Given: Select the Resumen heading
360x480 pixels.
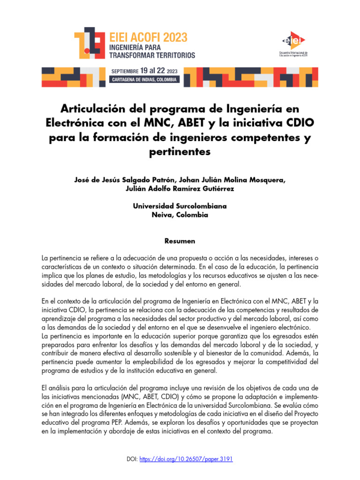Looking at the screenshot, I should pyautogui.click(x=180, y=241).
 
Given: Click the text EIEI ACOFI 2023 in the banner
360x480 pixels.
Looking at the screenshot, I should pyautogui.click(x=148, y=37).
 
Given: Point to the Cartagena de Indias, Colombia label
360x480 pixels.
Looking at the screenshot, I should pyautogui.click(x=144, y=80).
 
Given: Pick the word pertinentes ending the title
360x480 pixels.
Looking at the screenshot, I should pyautogui.click(x=180, y=152).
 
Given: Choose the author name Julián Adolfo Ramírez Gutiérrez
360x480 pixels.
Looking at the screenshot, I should pyautogui.click(x=180, y=189).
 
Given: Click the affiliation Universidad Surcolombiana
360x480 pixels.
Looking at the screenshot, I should pyautogui.click(x=180, y=206).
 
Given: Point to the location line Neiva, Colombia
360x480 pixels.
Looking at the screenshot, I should pyautogui.click(x=180, y=215).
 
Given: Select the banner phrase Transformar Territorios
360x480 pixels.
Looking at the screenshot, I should pyautogui.click(x=152, y=55).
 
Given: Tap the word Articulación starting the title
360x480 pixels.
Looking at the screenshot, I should pyautogui.click(x=90, y=110).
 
